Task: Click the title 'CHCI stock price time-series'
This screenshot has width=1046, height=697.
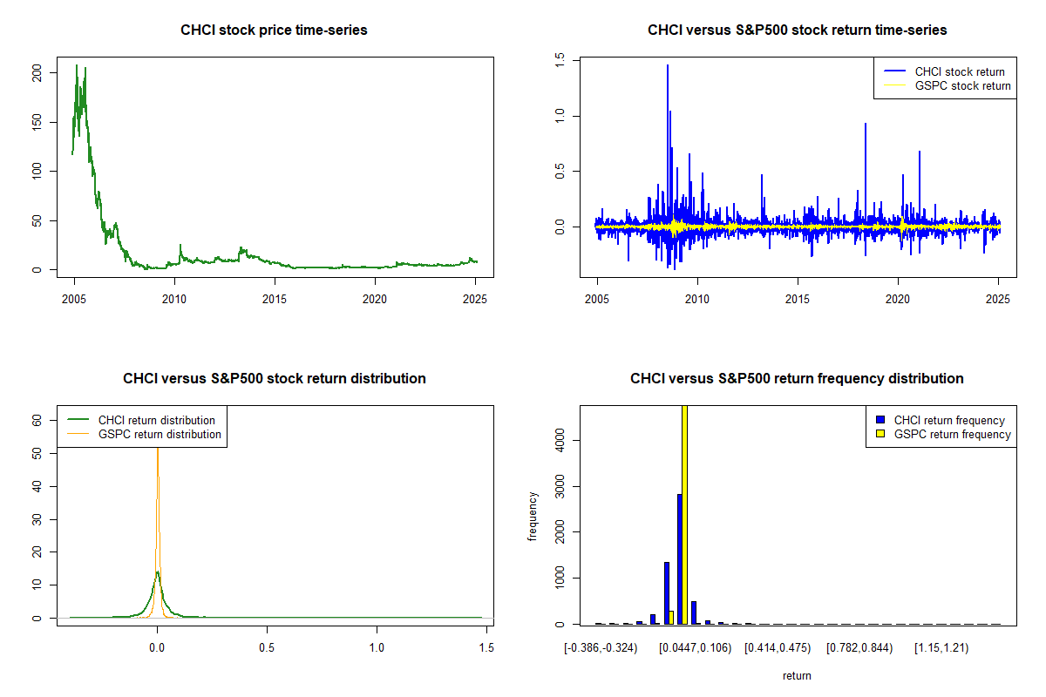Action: (x=274, y=30)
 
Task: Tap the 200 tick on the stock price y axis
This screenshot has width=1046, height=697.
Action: (x=37, y=76)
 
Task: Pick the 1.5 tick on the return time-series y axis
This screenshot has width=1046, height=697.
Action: (x=560, y=59)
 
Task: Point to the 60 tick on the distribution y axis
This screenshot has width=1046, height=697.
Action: (x=37, y=420)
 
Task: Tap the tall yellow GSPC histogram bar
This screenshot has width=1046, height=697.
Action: (x=685, y=514)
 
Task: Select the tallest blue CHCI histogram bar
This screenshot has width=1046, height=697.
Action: (x=679, y=558)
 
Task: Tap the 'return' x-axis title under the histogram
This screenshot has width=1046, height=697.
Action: (x=797, y=675)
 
